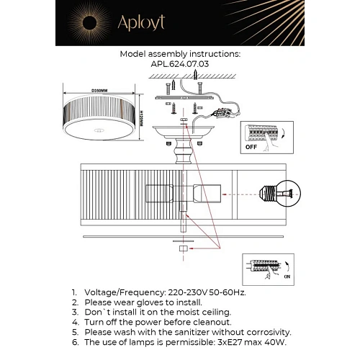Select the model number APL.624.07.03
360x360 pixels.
pos(179,63)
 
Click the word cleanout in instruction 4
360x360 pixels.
pos(210,323)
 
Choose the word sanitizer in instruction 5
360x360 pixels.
pos(190,333)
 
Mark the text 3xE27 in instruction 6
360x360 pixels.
pos(222,343)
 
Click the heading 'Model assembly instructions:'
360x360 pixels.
pos(180,54)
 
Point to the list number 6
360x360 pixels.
pos(74,343)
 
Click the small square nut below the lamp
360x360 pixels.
pos(183,248)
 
